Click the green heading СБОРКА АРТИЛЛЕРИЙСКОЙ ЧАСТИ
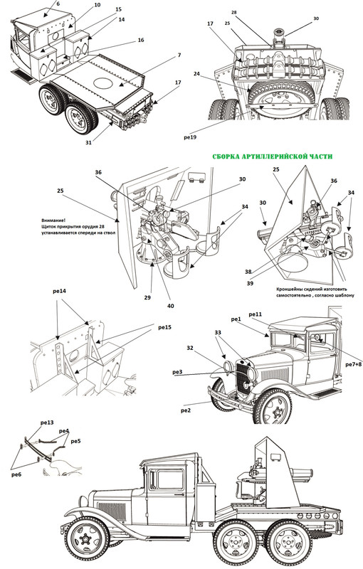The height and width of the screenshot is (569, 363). coord(272,156)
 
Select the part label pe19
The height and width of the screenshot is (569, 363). coord(191,137)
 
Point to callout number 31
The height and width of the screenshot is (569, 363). coord(88,143)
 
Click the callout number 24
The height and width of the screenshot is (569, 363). coord(196,74)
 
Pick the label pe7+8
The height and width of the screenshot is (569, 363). coord(354,364)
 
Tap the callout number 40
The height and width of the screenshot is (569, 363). coord(171,306)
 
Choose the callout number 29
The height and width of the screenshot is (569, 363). coord(147,297)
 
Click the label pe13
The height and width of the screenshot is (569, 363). coord(47,422)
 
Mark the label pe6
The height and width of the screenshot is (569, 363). coord(16,474)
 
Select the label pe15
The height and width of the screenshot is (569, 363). coord(164,327)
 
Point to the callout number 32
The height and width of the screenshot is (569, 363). coord(190,348)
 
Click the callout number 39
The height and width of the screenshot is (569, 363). coord(250,283)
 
